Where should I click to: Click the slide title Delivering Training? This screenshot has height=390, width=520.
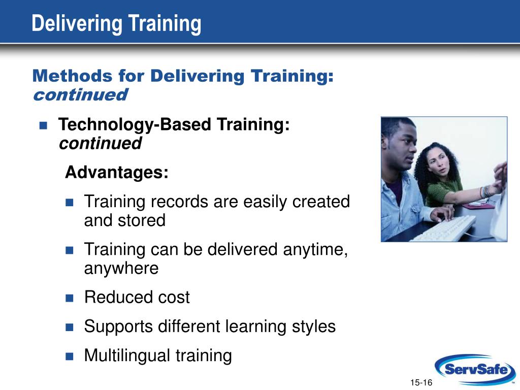[x=116, y=23]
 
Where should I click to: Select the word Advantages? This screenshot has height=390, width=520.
[x=116, y=173]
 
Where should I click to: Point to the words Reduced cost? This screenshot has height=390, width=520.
[x=137, y=297]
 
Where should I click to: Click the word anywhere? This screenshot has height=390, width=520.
[x=121, y=268]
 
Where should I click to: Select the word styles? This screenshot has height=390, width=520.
[x=313, y=326]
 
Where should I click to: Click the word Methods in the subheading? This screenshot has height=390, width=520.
[x=72, y=76]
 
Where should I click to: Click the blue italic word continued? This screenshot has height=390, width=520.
[x=80, y=95]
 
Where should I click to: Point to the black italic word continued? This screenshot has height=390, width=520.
[x=100, y=144]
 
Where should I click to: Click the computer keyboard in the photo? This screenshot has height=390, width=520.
[x=444, y=229]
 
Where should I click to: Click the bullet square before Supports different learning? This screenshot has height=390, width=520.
[x=70, y=327]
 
